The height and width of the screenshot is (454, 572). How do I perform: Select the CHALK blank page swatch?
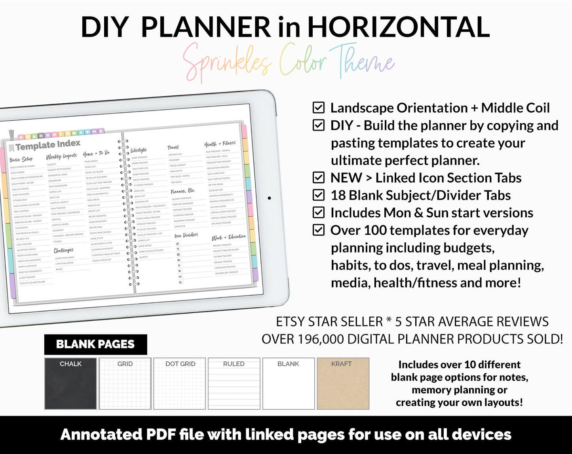(x=70, y=384)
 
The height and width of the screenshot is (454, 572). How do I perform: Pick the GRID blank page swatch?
(x=125, y=384)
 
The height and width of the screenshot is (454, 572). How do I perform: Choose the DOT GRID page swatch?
(x=180, y=384)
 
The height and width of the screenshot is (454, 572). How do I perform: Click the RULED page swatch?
(x=234, y=384)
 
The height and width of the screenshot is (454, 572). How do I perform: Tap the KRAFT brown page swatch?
(x=343, y=384)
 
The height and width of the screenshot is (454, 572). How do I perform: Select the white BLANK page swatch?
(x=289, y=384)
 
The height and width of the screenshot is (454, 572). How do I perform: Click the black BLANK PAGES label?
(x=95, y=344)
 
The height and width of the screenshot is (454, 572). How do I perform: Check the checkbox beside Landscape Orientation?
(x=319, y=108)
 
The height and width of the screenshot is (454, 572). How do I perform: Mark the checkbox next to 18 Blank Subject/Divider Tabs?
(x=319, y=195)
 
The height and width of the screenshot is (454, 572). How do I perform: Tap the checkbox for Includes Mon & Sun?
(x=319, y=213)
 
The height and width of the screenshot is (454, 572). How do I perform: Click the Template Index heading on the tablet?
(x=48, y=145)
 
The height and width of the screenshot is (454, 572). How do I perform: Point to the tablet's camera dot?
(x=269, y=198)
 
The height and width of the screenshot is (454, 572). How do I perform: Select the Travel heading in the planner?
(x=173, y=148)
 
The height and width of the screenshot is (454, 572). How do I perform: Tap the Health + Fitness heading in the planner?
(x=220, y=144)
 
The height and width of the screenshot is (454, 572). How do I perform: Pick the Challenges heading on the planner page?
(x=64, y=250)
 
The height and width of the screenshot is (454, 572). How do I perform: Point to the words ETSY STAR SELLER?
(x=329, y=322)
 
